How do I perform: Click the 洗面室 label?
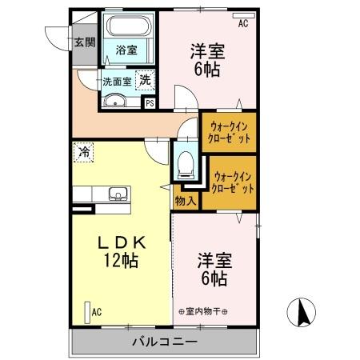[116, 81]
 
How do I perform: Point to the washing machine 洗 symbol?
[146, 79]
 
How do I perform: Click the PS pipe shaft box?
[150, 102]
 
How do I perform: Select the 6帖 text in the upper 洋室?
[207, 69]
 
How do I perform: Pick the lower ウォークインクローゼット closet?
[234, 182]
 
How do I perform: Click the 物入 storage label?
[186, 201]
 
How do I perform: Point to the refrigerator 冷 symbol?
[84, 150]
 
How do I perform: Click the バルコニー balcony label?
[164, 342]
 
